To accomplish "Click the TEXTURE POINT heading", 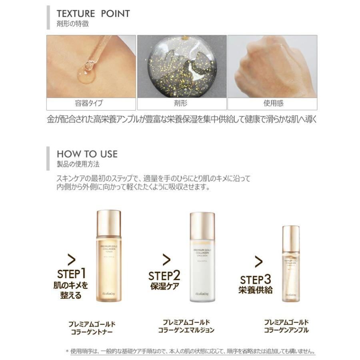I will pos(93,14).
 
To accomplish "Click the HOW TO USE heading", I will pos(87,154).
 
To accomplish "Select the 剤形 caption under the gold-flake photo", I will pos(182,103).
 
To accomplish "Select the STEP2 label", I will pos(164,276).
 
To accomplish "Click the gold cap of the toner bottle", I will pos(109,222).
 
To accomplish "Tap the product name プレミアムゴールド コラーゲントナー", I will pos(92,328).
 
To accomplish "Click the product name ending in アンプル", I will pos(286,326).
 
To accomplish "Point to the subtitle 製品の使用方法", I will pos(78,164).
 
